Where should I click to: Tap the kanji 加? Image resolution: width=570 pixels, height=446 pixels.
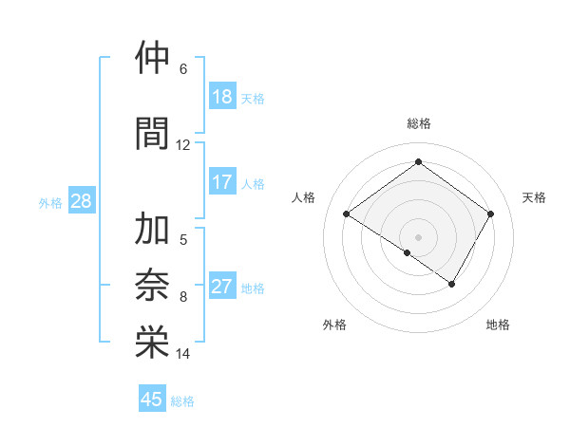[x=152, y=230]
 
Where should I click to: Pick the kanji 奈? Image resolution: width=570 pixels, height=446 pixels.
[x=152, y=286]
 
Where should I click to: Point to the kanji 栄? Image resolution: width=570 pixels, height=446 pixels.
[x=152, y=342]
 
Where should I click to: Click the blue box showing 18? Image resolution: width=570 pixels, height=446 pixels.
[x=222, y=97]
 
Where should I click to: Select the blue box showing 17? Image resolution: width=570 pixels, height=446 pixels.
[x=222, y=182]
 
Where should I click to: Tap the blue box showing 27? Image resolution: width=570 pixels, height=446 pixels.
[x=222, y=288]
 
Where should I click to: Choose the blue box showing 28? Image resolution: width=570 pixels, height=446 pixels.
[x=81, y=201]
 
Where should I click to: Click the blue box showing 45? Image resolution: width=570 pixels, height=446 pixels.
[x=152, y=400]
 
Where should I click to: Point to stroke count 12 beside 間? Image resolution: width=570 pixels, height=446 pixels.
[x=182, y=144]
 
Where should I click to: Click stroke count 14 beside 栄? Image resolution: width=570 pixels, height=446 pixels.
[x=182, y=354]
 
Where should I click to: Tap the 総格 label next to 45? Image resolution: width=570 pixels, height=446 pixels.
[x=182, y=401]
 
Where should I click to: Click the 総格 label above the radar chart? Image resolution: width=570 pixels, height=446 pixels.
[x=418, y=123]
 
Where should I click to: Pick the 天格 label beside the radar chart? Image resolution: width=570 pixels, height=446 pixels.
[x=534, y=197]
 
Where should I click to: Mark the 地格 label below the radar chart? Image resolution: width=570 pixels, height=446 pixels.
[x=498, y=325]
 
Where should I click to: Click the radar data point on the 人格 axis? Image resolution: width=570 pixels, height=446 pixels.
[x=347, y=214]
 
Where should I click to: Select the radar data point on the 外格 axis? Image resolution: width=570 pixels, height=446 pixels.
[x=408, y=252]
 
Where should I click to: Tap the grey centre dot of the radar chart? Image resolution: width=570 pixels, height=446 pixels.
[x=418, y=236]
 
